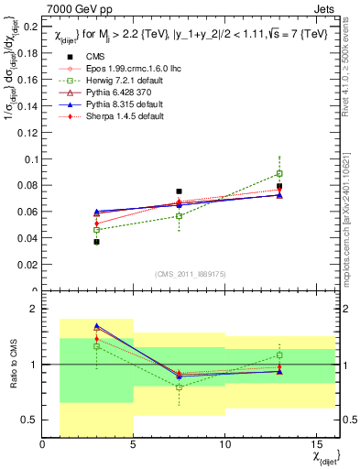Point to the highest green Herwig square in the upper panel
(279, 173)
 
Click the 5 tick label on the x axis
(134, 445)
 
